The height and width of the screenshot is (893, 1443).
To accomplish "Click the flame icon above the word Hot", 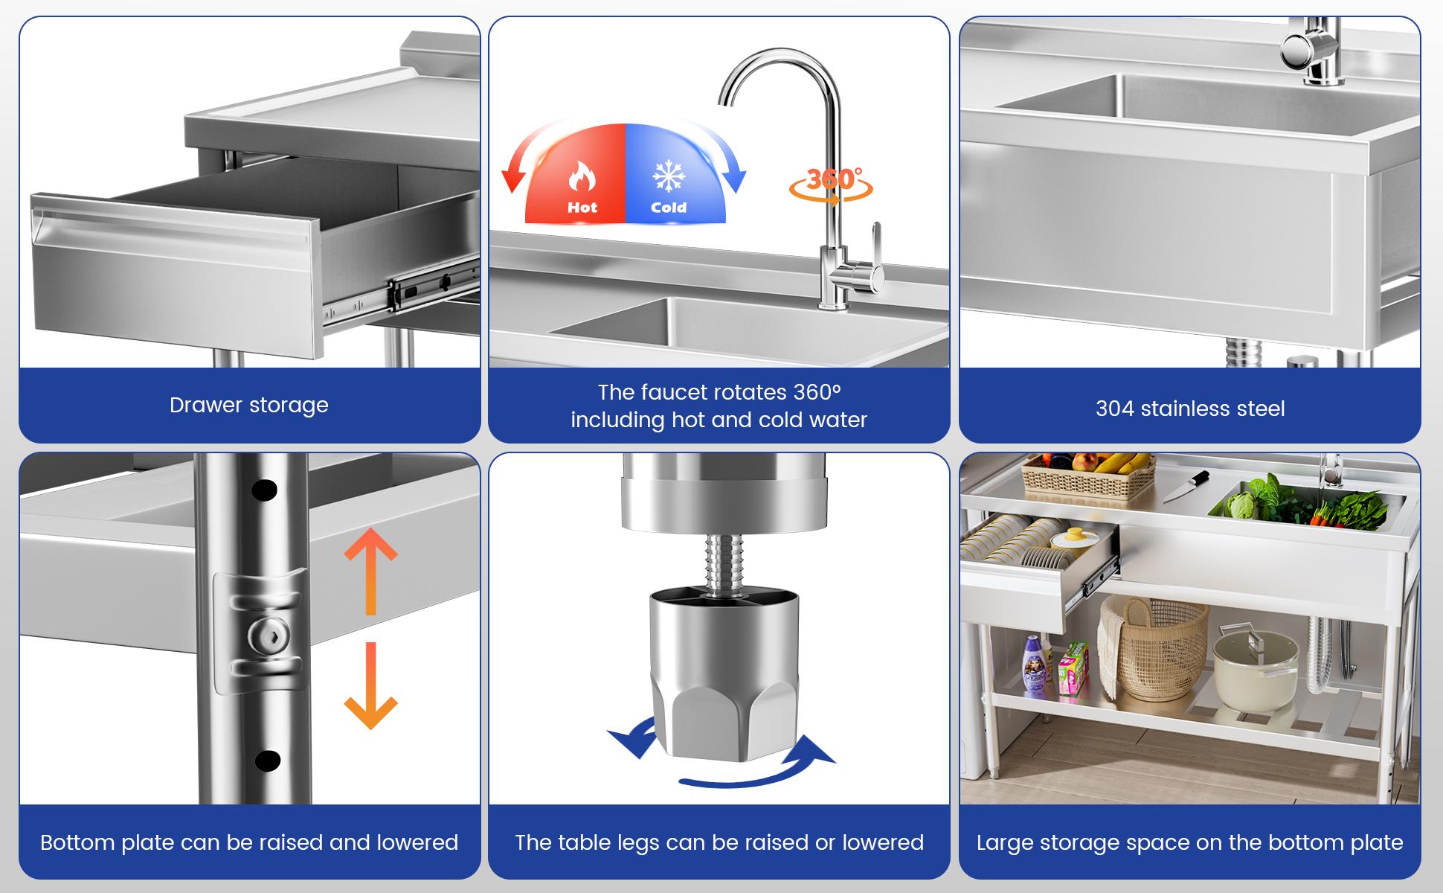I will (x=582, y=177).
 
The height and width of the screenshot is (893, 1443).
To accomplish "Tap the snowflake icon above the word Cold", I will (x=668, y=176).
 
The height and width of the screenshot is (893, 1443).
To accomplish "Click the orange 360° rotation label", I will (x=832, y=181).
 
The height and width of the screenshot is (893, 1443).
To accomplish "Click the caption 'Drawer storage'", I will (x=248, y=405).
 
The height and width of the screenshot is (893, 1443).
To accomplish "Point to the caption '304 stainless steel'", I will (x=1189, y=409).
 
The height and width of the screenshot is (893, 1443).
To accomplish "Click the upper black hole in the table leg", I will (x=264, y=490).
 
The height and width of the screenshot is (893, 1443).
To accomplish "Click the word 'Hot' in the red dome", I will (x=582, y=208).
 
